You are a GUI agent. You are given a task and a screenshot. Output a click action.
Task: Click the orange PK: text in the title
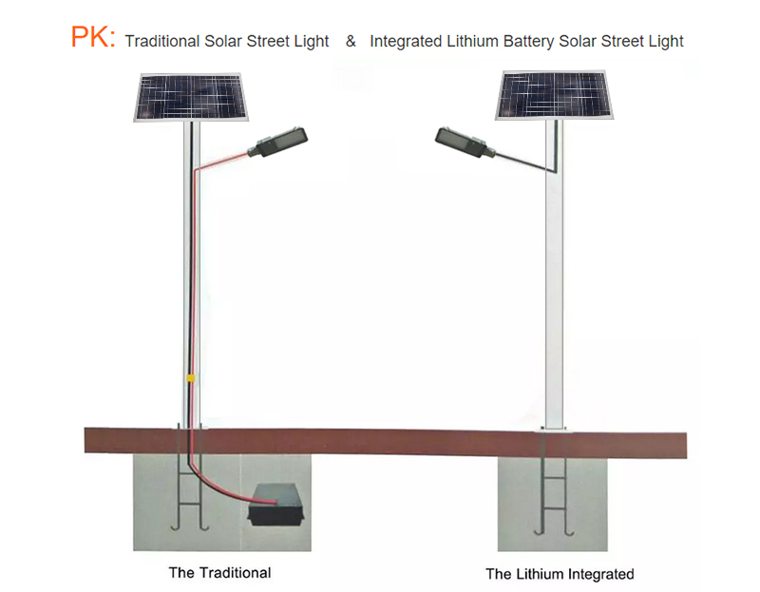(x=93, y=37)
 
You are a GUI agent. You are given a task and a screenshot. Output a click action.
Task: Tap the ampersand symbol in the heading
(x=351, y=41)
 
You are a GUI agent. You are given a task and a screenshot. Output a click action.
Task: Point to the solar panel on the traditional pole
(x=191, y=98)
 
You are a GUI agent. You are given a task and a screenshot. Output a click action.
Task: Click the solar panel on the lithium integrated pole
(x=554, y=95)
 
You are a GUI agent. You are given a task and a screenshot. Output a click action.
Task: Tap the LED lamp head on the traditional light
(x=277, y=142)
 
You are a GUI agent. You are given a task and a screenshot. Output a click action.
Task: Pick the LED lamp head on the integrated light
(x=465, y=142)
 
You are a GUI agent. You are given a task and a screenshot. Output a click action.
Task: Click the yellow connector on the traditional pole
(x=191, y=377)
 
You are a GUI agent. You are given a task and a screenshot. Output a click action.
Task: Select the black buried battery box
(x=275, y=505)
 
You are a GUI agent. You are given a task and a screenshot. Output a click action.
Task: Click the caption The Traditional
(x=219, y=573)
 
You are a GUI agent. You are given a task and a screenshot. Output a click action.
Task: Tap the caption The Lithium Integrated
(x=560, y=574)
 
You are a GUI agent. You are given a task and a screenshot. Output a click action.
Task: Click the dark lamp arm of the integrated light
(x=524, y=162)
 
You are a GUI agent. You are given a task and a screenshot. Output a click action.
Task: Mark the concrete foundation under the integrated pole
(x=552, y=505)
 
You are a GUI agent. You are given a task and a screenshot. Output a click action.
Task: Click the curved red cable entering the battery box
(x=219, y=489)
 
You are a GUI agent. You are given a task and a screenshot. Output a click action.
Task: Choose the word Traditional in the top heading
(x=161, y=41)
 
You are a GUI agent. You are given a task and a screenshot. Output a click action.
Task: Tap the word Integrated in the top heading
(x=406, y=42)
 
